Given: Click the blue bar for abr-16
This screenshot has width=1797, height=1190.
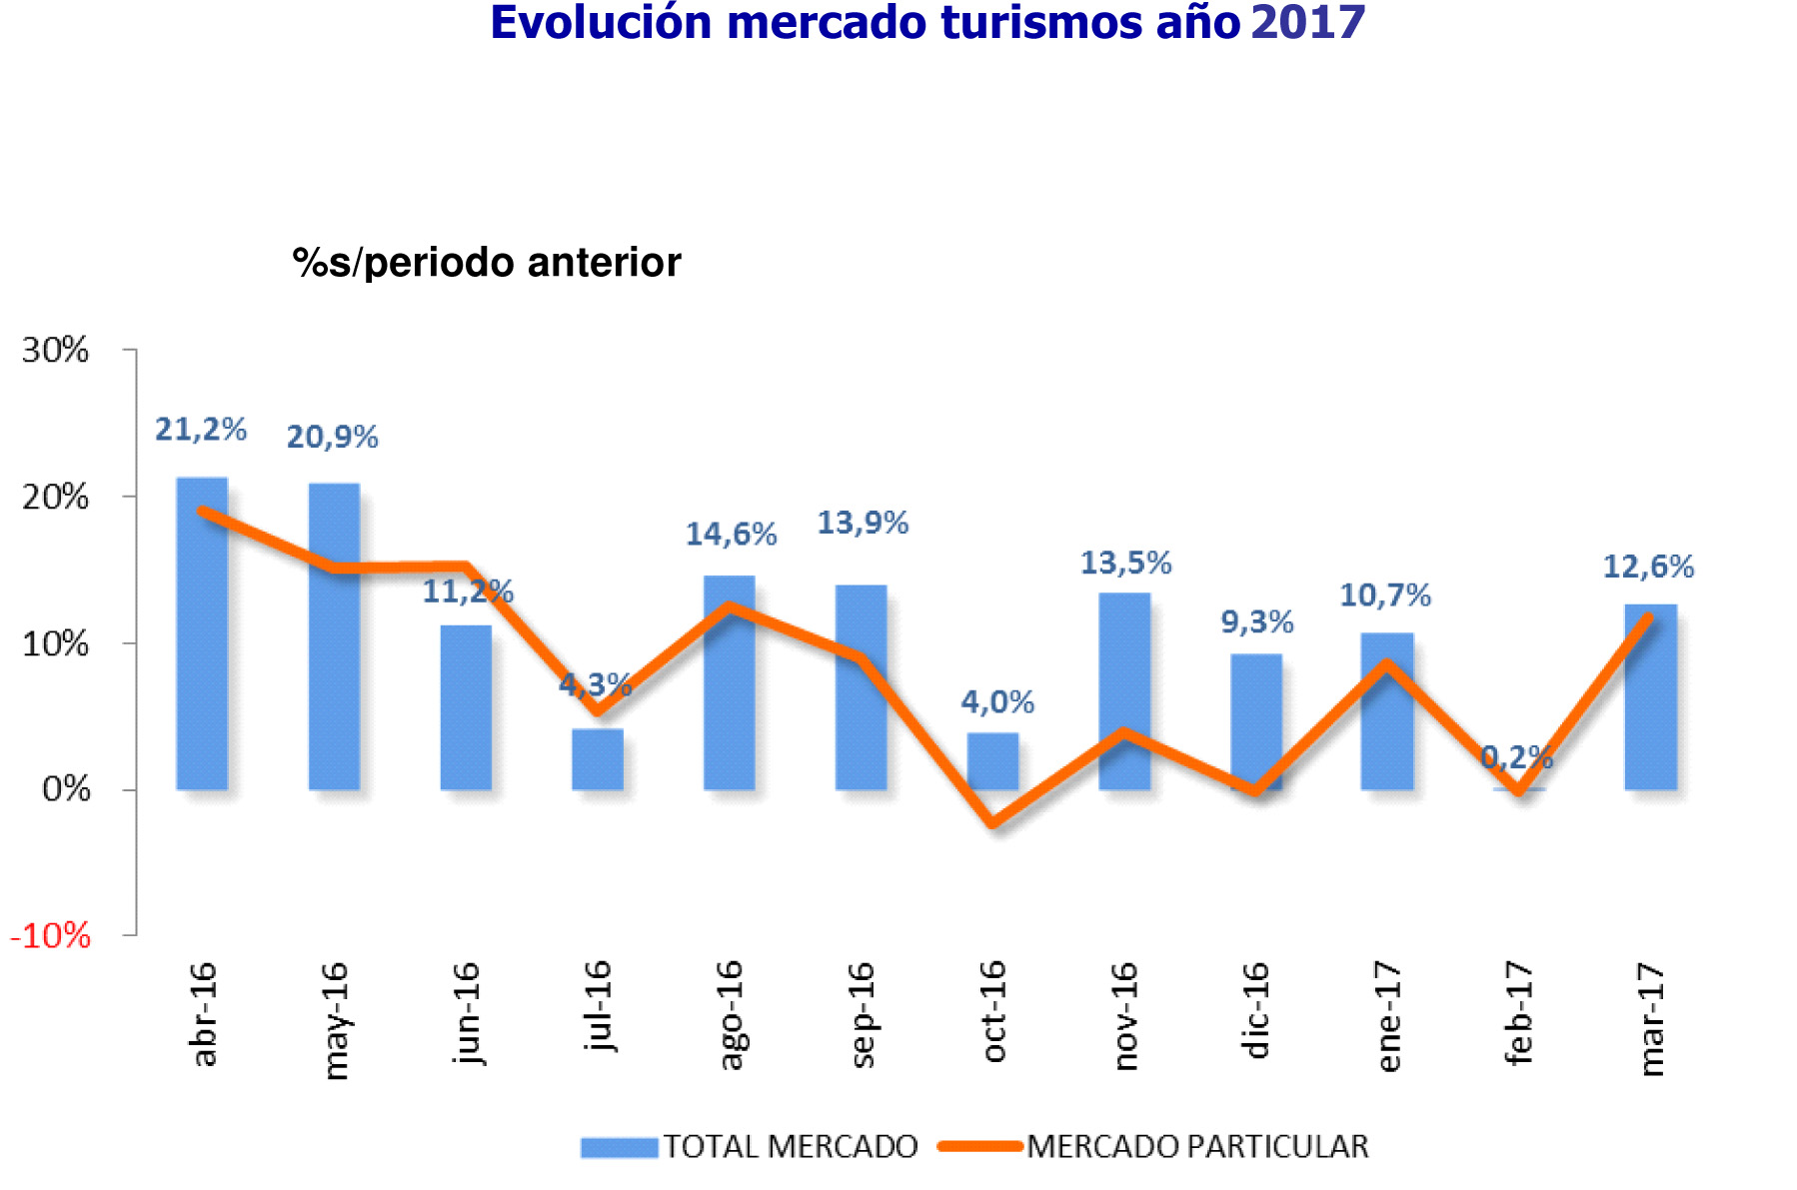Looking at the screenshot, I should coord(202,639).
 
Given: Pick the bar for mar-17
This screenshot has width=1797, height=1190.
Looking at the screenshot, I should coord(1650,699).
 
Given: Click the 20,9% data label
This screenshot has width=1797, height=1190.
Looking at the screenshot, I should coord(332,438).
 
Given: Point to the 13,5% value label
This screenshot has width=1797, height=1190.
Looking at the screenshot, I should coord(1125,564).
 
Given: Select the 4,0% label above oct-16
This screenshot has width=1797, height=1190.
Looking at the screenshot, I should coord(997,702).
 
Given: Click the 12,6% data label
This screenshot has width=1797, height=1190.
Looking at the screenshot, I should coord(1648,568).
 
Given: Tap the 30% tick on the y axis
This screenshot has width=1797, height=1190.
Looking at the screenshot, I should coord(56,351).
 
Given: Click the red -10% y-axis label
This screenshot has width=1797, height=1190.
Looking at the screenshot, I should coord(50,936).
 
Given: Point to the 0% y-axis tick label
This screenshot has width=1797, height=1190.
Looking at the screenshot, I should coord(66,790).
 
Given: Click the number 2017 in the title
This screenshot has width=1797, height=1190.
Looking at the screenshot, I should coord(1307,23).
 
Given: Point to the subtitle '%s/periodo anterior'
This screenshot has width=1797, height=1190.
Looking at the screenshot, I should coord(487,263).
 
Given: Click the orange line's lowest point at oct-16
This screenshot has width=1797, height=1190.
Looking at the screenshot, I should coord(992,823).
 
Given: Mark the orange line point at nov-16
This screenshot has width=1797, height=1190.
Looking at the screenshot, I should coord(1124,733).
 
